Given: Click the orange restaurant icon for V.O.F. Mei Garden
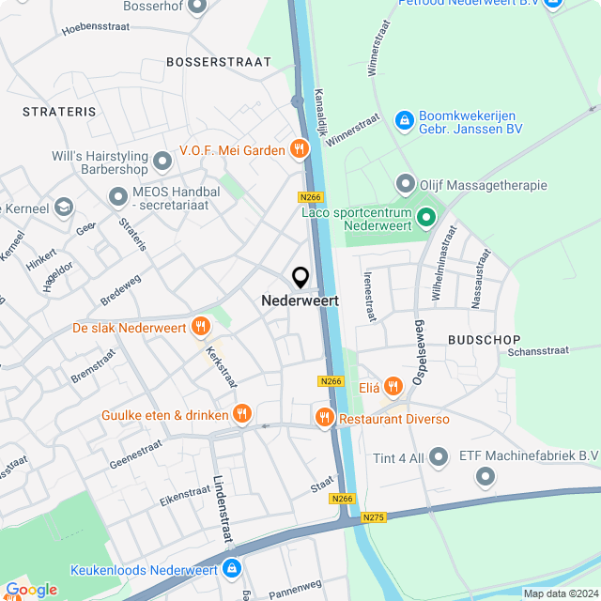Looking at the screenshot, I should click(x=299, y=148).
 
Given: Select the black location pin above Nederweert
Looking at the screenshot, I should click(x=300, y=278).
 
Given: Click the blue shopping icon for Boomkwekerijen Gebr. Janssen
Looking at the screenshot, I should click(x=405, y=119).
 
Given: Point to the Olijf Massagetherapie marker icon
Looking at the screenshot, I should click(x=406, y=184).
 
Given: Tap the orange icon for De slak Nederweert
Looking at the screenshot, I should click(x=200, y=327).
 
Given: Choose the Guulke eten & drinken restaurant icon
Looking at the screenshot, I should click(x=242, y=413).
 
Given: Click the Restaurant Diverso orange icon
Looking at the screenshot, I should click(x=324, y=417).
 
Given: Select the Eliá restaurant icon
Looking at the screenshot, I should click(x=393, y=384).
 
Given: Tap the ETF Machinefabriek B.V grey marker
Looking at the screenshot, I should click(x=485, y=477).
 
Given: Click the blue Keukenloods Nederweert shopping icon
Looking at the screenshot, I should click(x=232, y=568).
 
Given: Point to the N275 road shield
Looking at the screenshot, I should click(x=374, y=517).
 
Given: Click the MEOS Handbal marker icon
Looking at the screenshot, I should click(x=118, y=197).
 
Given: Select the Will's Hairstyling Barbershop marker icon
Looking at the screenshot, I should click(x=163, y=162).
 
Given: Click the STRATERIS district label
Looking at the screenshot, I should click(x=60, y=112).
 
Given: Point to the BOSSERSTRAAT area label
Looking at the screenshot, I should click(x=218, y=62).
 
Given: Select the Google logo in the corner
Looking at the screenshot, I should click(x=30, y=589).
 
